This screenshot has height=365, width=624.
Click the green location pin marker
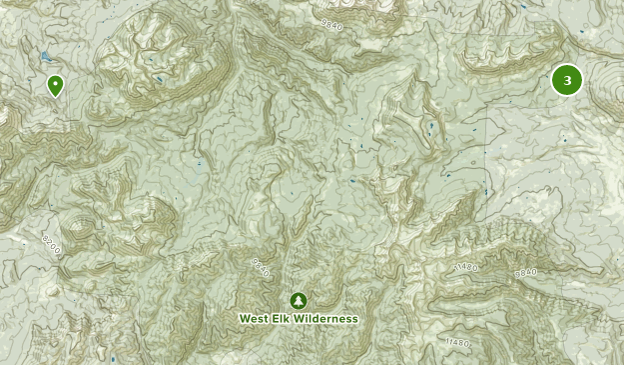[x=56, y=86]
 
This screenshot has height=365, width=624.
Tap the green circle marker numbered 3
[x=567, y=80]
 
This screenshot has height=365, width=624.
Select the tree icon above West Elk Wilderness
[x=298, y=300]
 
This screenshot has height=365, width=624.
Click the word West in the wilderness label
[x=255, y=319]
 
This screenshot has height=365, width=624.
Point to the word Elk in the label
[x=285, y=319]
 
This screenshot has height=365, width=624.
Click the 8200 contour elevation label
[x=52, y=244]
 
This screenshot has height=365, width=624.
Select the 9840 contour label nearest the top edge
[x=332, y=21]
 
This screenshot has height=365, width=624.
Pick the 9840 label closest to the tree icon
[x=262, y=268]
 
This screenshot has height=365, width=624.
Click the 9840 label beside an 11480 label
[x=526, y=272]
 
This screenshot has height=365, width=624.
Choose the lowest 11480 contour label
[x=458, y=343]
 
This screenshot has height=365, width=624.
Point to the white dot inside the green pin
[x=56, y=83]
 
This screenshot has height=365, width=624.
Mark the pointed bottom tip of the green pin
[x=56, y=97]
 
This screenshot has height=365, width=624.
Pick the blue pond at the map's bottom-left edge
[x=113, y=357]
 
